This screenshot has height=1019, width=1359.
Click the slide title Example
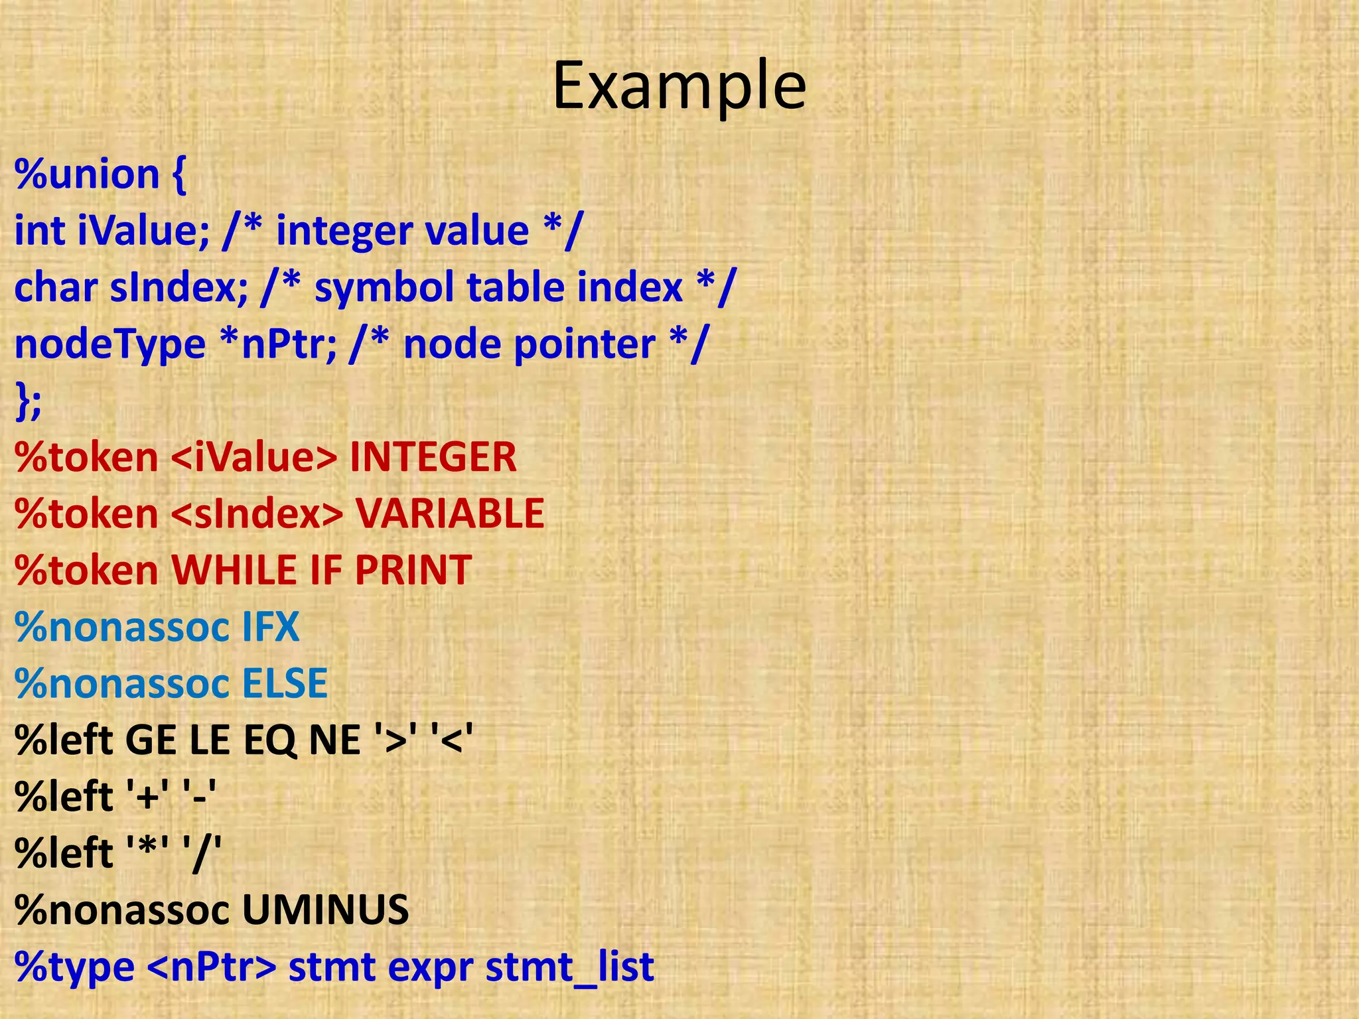[679, 86]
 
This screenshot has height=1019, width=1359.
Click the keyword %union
[87, 174]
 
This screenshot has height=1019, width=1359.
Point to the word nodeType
[110, 344]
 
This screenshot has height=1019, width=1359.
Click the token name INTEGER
[433, 457]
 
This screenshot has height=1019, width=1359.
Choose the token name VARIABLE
[450, 513]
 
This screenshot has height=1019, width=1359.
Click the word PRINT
[413, 570]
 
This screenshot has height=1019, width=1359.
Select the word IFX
[270, 627]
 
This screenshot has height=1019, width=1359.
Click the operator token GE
[151, 740]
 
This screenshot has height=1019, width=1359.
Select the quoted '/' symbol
[205, 853]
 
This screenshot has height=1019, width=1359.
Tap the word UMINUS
[325, 910]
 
